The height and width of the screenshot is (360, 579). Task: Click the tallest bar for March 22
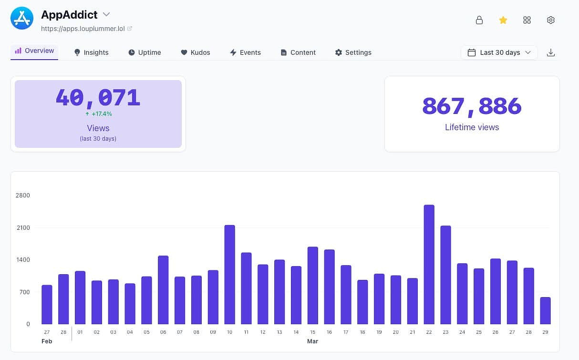click(429, 265)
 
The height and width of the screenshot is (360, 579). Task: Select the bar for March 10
click(229, 275)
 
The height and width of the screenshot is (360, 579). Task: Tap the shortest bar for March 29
click(545, 311)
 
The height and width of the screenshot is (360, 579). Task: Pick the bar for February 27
click(47, 305)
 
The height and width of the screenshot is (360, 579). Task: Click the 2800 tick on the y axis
click(22, 195)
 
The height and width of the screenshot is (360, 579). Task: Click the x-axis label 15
click(312, 332)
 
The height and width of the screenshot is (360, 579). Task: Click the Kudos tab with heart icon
click(195, 52)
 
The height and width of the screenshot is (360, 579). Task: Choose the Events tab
click(245, 52)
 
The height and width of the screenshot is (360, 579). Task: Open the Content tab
click(298, 52)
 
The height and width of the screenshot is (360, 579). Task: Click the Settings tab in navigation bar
click(353, 52)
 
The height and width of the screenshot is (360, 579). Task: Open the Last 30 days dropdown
click(499, 52)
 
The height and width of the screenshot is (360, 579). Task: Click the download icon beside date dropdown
click(550, 52)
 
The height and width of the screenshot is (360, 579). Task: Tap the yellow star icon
click(503, 20)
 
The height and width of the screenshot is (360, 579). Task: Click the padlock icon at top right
click(479, 20)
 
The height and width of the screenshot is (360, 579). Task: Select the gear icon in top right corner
click(550, 20)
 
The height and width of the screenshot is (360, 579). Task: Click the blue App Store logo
click(22, 19)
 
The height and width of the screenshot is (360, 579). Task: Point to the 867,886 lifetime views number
click(472, 106)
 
